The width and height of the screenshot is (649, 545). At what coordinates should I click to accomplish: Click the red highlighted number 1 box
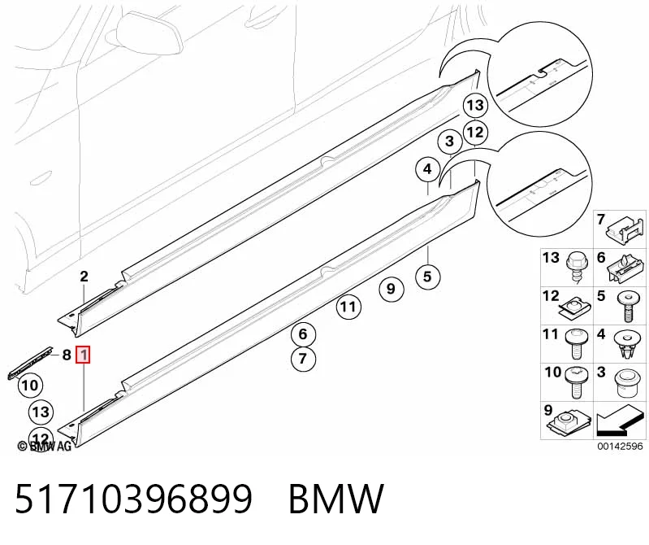click(84, 355)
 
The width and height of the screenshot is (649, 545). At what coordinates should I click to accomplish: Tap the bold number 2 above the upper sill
click(84, 277)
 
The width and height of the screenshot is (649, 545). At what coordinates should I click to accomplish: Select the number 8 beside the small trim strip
click(67, 355)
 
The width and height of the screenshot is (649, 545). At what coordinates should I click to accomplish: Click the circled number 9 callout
click(392, 289)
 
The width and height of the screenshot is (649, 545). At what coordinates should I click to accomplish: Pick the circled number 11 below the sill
click(348, 307)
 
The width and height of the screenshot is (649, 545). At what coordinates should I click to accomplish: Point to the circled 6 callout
click(303, 334)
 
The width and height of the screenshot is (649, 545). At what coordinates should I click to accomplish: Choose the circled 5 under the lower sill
click(427, 277)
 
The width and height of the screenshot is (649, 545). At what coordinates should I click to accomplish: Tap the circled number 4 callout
click(427, 169)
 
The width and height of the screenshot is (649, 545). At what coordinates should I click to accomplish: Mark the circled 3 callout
click(450, 142)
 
